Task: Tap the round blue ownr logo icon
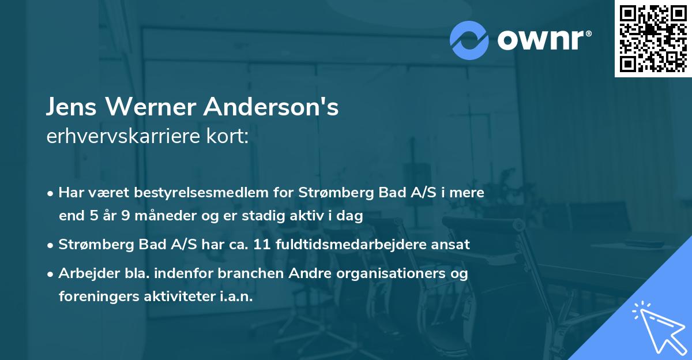pyautogui.click(x=469, y=40)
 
